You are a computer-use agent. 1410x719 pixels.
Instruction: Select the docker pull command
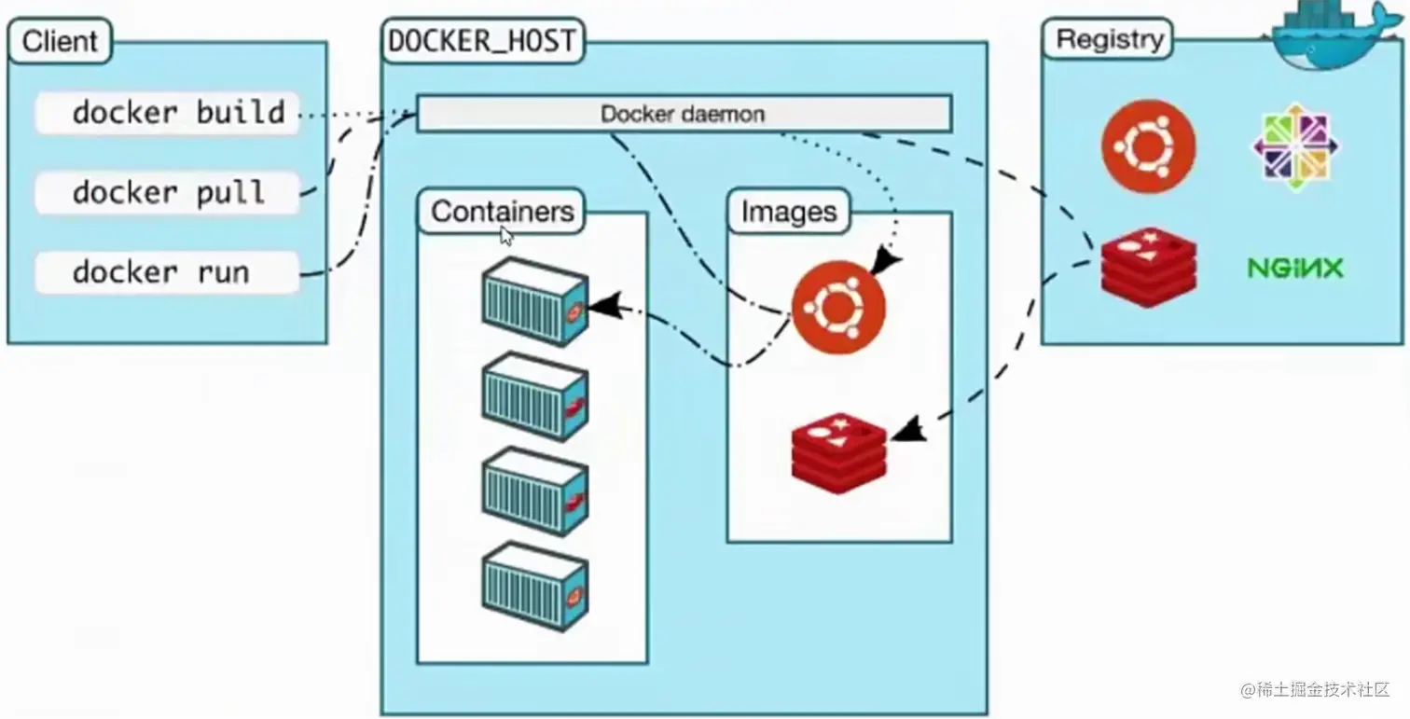pos(168,193)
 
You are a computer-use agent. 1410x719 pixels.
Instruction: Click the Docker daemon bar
pos(683,114)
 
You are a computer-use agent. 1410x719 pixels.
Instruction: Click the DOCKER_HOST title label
pos(480,41)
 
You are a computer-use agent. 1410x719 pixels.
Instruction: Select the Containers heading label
pos(502,211)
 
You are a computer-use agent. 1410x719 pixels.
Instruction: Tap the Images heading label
pos(789,212)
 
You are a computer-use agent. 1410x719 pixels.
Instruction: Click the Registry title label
pos(1110,40)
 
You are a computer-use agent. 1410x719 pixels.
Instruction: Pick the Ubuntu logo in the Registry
pos(1148,146)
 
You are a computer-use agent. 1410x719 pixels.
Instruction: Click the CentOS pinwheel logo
pos(1294,146)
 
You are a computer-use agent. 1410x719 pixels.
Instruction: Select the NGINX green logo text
pos(1295,269)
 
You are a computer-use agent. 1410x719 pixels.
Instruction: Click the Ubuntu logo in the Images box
pos(838,307)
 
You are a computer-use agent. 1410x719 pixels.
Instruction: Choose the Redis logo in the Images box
pos(838,451)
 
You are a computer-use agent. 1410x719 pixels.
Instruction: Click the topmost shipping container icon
pos(534,300)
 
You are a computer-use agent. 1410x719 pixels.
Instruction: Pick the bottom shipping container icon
pos(534,586)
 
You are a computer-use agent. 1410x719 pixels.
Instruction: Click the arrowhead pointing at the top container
pos(604,306)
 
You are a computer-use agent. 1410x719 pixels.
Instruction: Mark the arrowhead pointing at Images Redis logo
pos(908,429)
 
